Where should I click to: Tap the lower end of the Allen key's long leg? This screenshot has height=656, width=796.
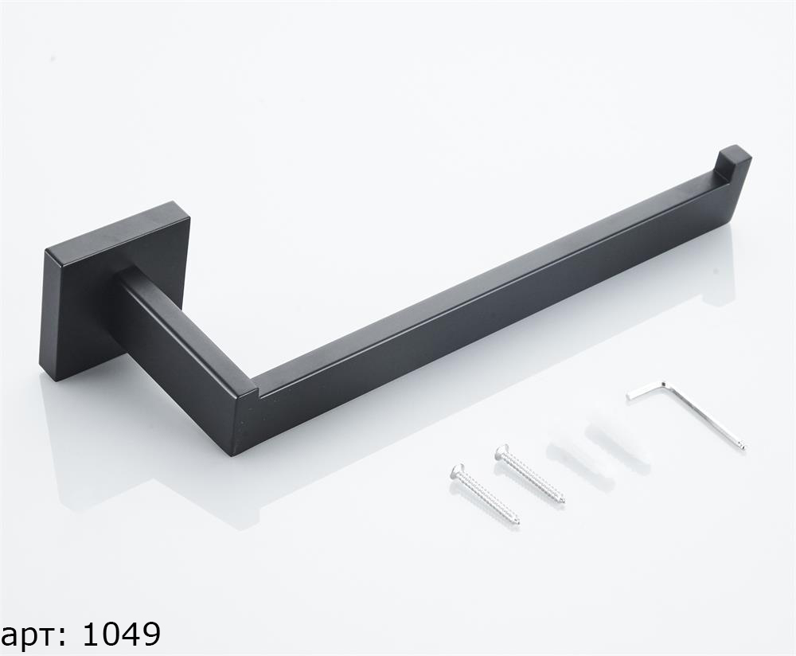point(742,447)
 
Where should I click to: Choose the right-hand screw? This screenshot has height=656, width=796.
point(530,474)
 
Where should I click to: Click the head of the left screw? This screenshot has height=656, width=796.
point(458,471)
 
